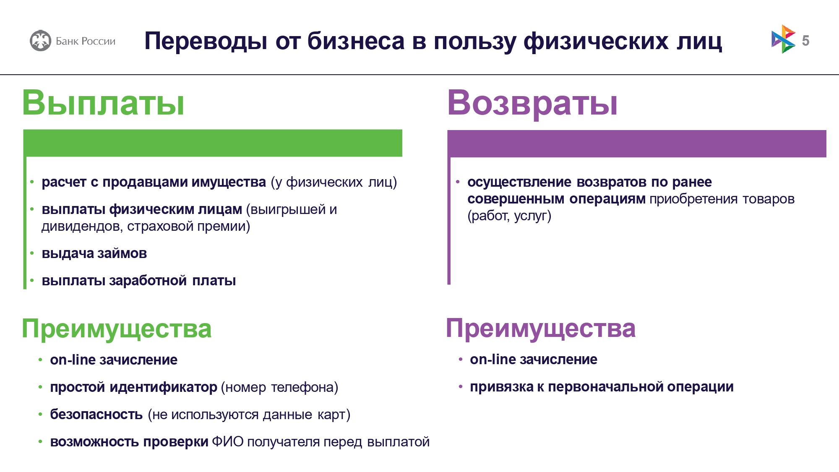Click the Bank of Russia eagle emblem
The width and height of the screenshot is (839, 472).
coord(40,41)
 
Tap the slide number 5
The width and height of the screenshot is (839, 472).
coord(805,41)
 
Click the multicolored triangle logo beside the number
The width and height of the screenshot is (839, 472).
coord(783,39)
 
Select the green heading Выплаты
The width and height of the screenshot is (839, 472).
coord(103,103)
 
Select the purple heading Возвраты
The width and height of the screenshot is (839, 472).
coord(532,104)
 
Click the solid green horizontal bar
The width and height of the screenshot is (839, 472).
coord(213,143)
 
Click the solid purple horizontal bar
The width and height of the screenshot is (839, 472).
coord(637,143)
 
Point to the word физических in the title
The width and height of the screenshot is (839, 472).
coord(596,42)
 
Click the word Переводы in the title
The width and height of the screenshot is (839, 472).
coord(206,42)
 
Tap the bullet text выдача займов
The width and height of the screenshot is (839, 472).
coord(94,253)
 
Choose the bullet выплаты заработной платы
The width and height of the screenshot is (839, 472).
coord(139,281)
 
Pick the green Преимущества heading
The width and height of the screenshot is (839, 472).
coord(117,329)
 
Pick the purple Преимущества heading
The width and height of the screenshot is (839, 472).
coord(541,329)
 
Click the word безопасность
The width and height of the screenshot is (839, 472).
coord(96,415)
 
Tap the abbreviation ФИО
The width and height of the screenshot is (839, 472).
coord(228,442)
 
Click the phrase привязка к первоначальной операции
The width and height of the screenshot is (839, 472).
coord(602,387)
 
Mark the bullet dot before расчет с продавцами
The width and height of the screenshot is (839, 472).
coord(32,182)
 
